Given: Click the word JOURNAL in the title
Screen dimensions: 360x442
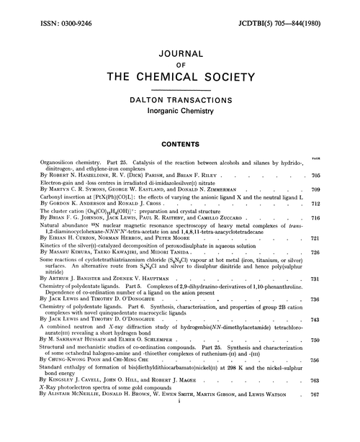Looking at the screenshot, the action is tap(180, 52).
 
